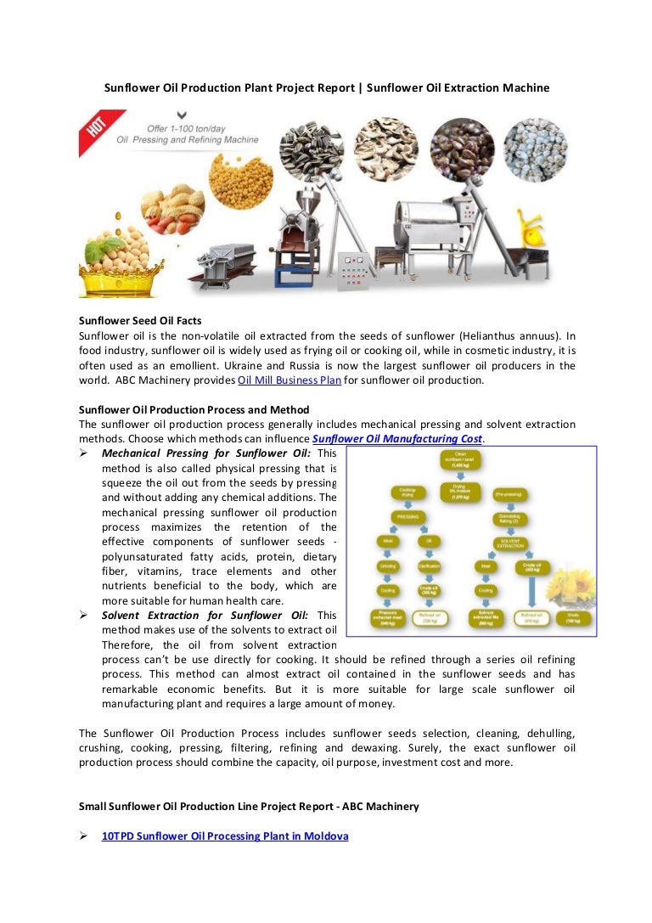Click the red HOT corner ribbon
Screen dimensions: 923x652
pos(95,128)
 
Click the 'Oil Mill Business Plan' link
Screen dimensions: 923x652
pos(289,380)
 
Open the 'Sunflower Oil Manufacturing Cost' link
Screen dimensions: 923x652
pos(397,439)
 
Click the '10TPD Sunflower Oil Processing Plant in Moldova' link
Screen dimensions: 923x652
pos(225,836)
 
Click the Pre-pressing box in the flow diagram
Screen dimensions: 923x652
pos(511,492)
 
